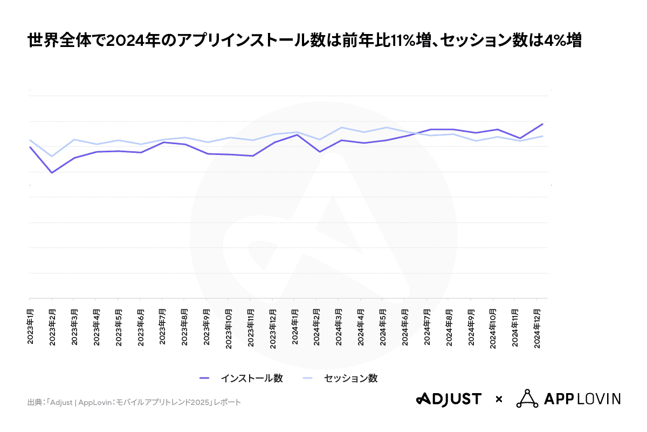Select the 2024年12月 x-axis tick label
(x=537, y=329)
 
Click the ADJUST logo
(x=448, y=399)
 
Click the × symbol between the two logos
(x=499, y=400)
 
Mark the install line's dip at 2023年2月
(x=52, y=173)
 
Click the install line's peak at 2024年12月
(x=542, y=124)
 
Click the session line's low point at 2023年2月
(x=52, y=156)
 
